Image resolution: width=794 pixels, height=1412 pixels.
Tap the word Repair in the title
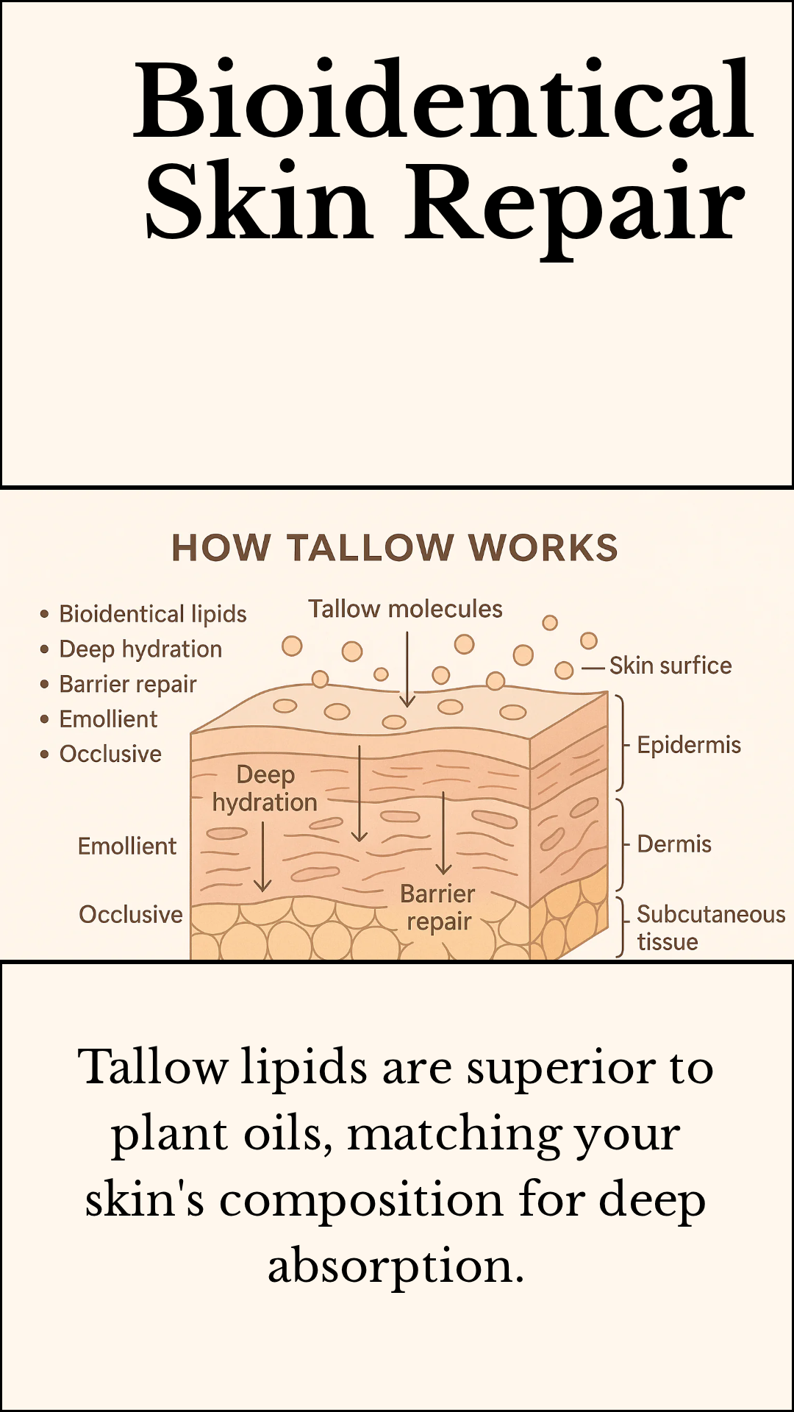coord(575,203)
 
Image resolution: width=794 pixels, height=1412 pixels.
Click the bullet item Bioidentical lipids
coord(152,613)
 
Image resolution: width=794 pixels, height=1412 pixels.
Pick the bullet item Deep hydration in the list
coord(140,649)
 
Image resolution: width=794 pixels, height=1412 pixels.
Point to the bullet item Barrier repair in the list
coord(128,684)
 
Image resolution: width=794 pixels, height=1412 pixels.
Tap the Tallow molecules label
coord(405,609)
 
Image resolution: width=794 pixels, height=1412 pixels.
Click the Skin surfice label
coord(670,666)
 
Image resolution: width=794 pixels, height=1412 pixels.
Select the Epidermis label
coord(689,745)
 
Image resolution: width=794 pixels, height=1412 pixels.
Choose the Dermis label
coord(674,844)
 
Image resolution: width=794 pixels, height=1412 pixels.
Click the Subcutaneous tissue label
coord(710,927)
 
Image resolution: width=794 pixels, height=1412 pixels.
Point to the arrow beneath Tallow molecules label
coord(407,669)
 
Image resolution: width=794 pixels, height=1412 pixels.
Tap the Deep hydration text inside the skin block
coord(265,788)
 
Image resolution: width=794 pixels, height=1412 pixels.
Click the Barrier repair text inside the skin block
coord(438,908)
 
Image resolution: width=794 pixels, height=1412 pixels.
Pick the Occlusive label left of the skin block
coord(131,915)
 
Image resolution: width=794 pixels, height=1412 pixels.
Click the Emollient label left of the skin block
coord(127,846)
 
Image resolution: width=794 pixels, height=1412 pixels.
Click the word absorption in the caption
coord(396,1266)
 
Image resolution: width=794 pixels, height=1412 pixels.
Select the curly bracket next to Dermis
coord(622,844)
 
